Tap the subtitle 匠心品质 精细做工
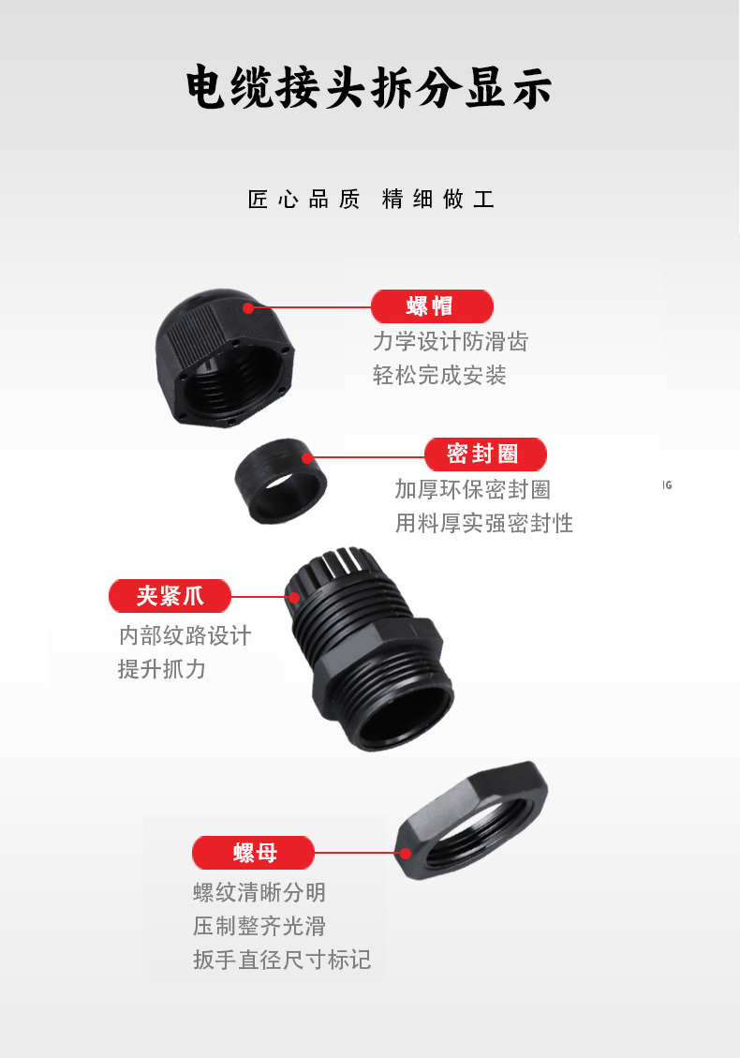point(371,200)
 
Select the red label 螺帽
point(431,306)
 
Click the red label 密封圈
point(484,454)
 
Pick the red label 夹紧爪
point(170,596)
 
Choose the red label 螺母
point(254,853)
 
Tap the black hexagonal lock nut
point(473,822)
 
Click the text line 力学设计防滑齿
point(451,342)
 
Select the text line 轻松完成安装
point(439,376)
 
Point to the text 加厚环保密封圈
point(472,489)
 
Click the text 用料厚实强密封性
point(483,523)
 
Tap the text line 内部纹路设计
point(185,635)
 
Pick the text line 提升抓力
point(161,669)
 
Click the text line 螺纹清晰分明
point(259,892)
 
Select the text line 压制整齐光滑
point(259,926)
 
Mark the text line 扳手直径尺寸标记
point(282,960)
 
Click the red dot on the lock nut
point(406,853)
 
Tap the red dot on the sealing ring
point(307,457)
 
